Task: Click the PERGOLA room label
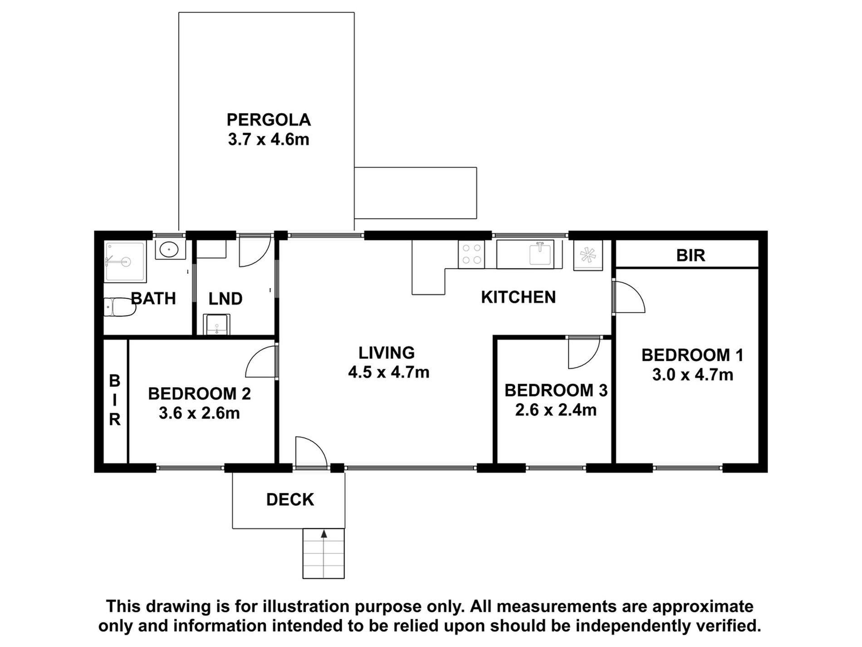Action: [269, 120]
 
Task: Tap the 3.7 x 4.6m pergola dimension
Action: [269, 139]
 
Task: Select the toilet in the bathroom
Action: [120, 307]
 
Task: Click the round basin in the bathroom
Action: [170, 249]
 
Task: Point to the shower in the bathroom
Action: [125, 262]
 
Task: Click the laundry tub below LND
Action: [217, 324]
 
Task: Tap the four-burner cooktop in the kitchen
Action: [471, 254]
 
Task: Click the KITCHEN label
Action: [518, 297]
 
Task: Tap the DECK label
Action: [290, 499]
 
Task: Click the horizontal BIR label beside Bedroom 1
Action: [691, 256]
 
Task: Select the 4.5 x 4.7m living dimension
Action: [388, 372]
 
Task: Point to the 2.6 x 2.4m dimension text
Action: [556, 410]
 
